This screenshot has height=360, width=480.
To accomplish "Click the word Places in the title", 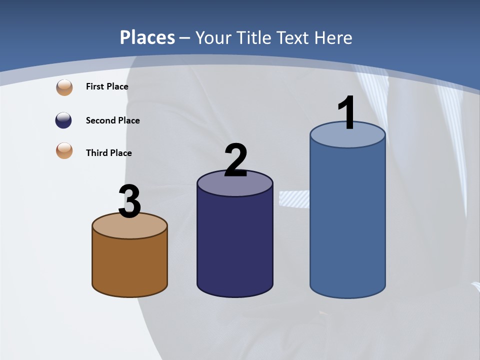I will coord(147,37).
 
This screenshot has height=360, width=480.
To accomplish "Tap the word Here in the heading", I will coord(334,37).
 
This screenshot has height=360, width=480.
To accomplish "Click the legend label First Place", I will coord(107,86).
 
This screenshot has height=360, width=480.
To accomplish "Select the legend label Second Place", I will coord(112,120).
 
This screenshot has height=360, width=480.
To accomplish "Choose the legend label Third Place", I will coord(108,153).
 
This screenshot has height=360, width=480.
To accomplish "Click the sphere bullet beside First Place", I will coord(64,87).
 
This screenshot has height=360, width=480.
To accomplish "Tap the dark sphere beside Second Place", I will coord(63,120).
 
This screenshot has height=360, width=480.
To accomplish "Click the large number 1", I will coord(346,113).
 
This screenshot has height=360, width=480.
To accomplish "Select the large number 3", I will coord(129,201).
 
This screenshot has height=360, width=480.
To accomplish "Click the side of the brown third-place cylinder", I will coord(129,265).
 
